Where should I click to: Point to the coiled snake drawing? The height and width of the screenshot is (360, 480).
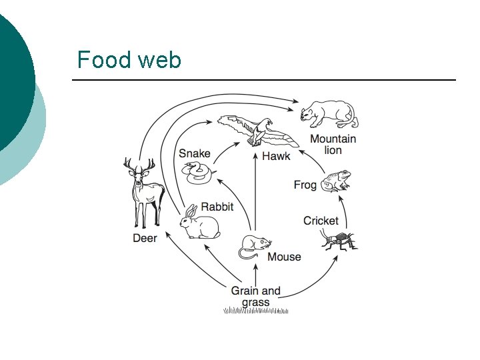[x=198, y=174]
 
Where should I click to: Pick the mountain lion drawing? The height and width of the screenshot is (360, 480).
[x=329, y=114]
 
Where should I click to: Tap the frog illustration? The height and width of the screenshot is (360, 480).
[x=335, y=181]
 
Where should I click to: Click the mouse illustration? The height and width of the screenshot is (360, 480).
[x=253, y=247]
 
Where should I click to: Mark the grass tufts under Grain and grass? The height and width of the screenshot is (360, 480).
[x=256, y=311]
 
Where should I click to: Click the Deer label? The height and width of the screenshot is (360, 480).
[x=145, y=238]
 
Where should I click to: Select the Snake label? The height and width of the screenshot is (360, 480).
[x=194, y=153]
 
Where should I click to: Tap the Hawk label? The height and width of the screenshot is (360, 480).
[x=276, y=156]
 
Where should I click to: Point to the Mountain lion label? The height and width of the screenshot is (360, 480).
[x=333, y=145]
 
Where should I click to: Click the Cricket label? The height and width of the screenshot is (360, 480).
[x=321, y=221]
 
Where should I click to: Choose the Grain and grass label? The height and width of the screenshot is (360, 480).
[x=256, y=296]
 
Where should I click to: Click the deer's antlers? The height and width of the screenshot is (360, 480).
[x=139, y=164]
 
